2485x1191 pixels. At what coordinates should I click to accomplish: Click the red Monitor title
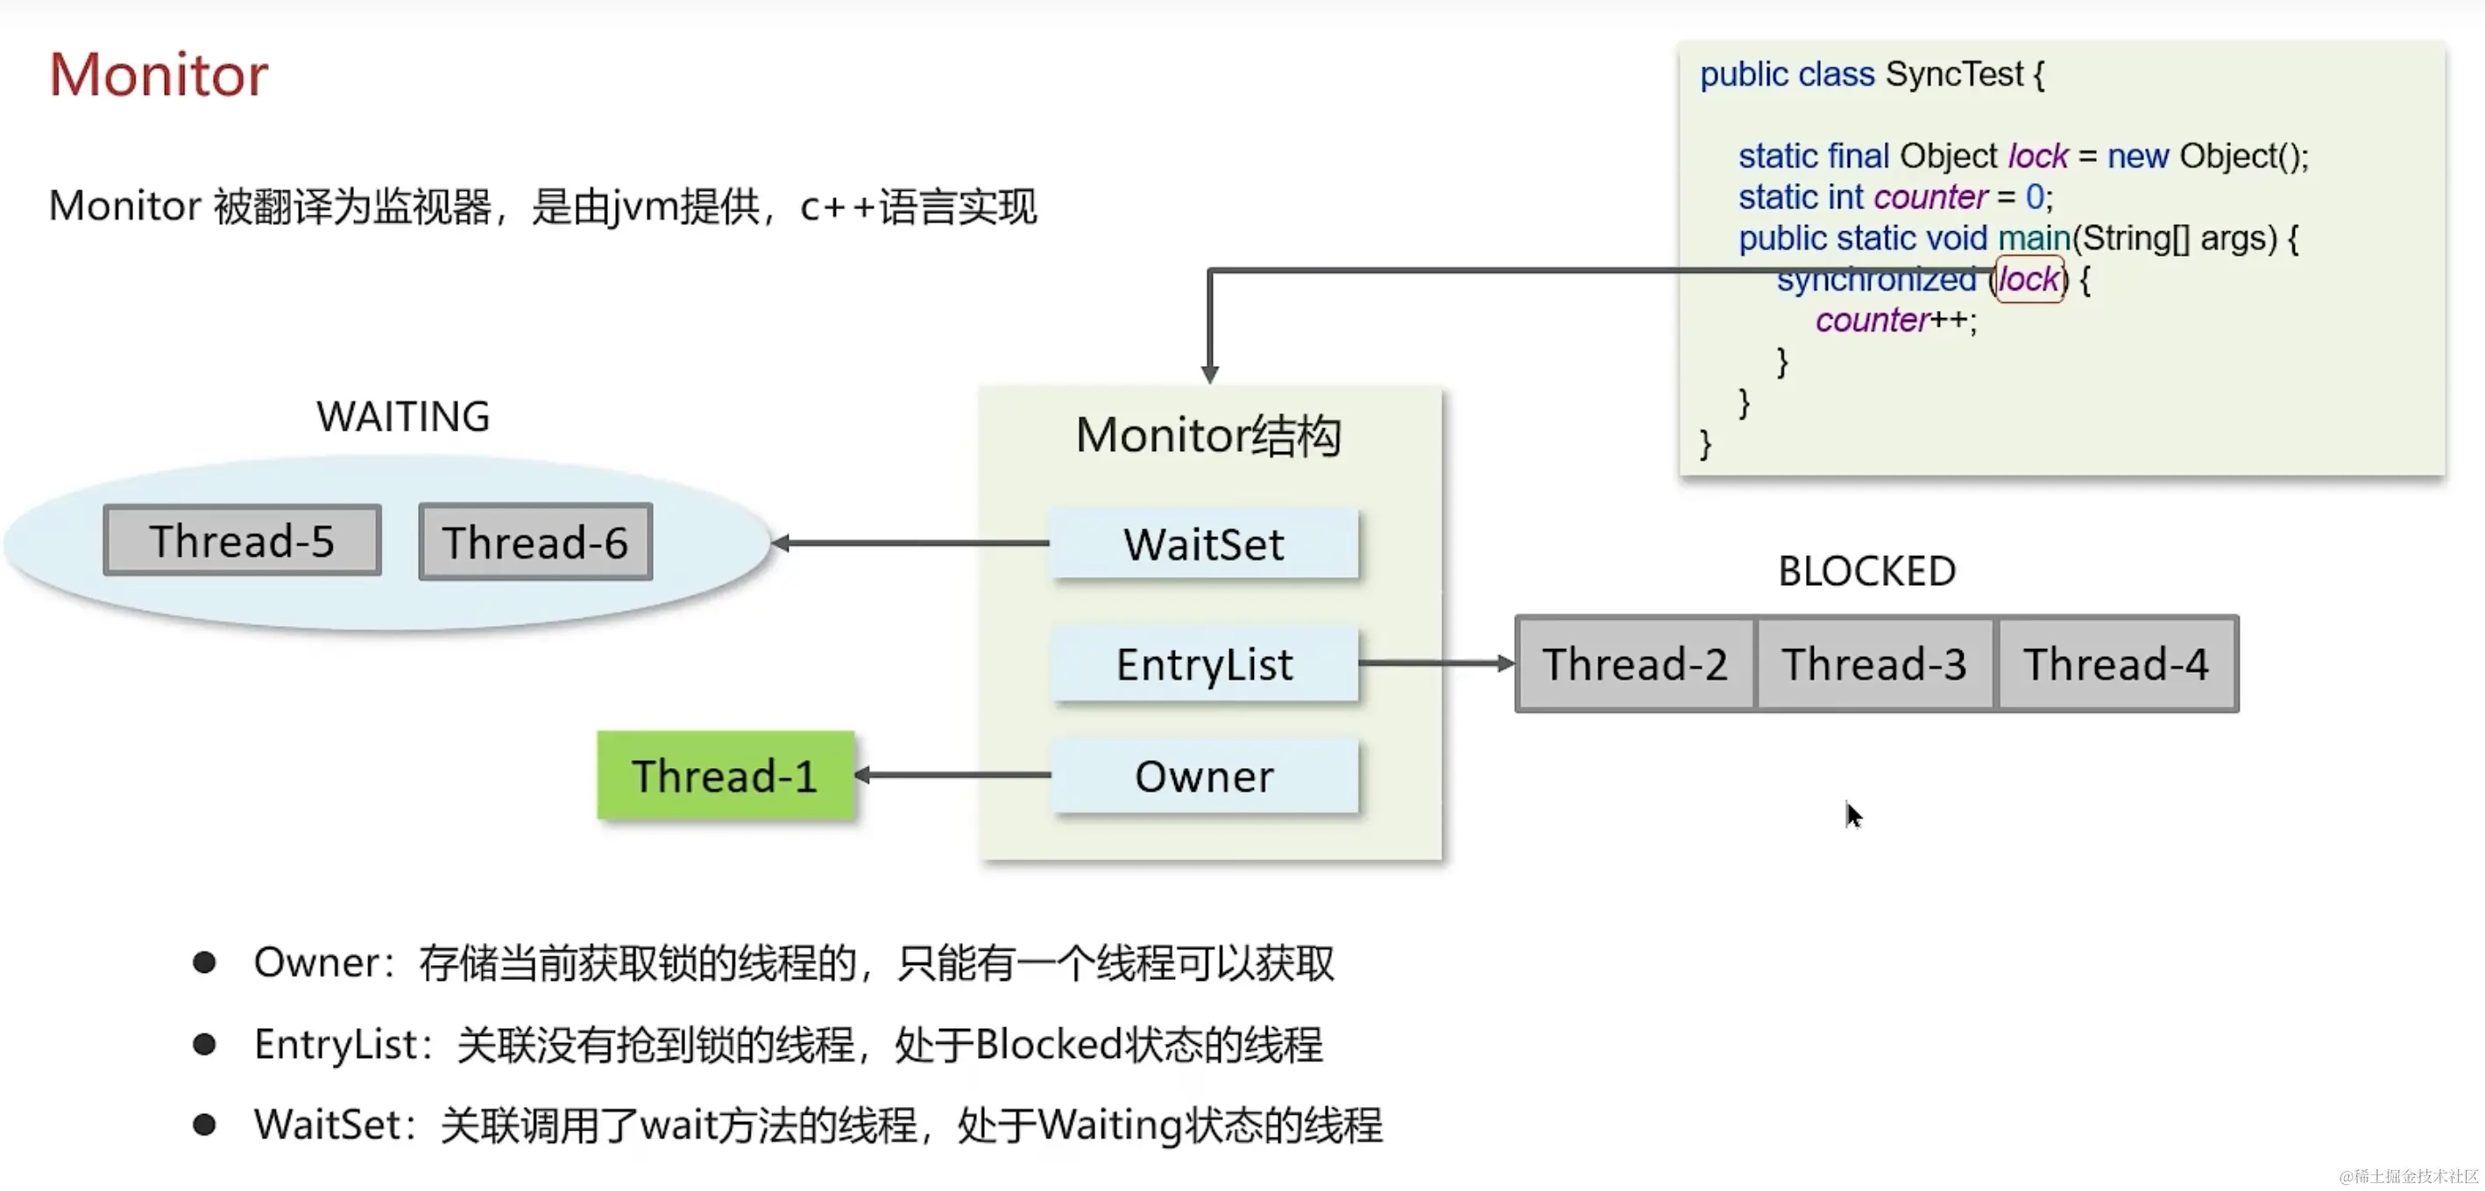159,74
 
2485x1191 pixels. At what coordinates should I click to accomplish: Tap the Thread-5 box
242,541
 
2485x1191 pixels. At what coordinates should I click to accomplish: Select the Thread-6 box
535,542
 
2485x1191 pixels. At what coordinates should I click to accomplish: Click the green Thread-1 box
726,776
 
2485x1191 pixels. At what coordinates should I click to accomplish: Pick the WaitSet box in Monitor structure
1204,545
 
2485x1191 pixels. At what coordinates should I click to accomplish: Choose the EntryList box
1204,665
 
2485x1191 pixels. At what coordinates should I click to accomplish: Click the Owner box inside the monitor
1204,776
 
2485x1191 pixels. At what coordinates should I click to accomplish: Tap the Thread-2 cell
1635,665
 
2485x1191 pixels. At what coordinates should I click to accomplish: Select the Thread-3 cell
1874,665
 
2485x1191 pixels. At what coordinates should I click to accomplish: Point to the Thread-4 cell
2116,665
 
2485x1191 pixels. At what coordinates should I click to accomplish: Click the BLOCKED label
1866,572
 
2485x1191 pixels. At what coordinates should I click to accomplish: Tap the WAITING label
403,417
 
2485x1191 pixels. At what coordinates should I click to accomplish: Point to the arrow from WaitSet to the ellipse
911,544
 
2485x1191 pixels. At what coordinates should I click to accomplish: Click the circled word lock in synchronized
2028,279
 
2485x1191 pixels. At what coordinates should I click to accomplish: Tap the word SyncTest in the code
1953,74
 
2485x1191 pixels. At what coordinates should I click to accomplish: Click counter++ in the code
1895,321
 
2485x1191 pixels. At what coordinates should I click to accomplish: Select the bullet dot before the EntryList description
204,1045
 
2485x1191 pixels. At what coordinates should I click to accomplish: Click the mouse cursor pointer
1853,815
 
